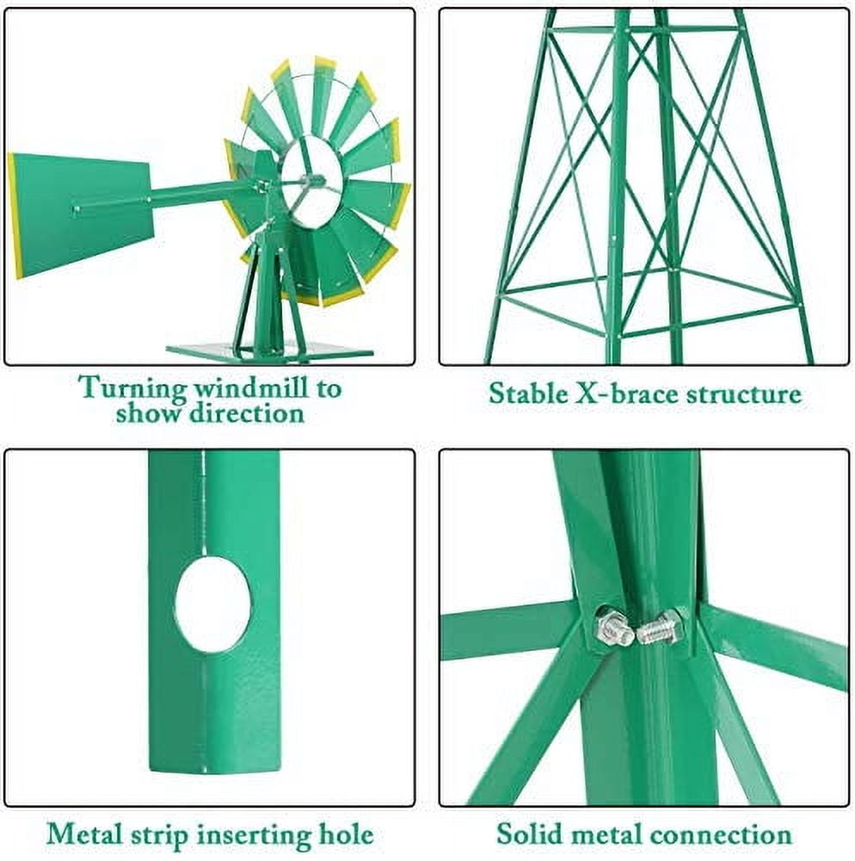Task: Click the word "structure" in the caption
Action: coord(744,394)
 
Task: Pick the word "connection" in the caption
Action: coord(720,834)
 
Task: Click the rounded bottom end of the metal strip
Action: coord(212,762)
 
